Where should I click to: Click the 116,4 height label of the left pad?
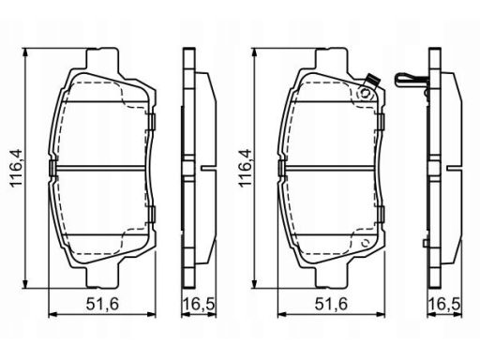(x=17, y=168)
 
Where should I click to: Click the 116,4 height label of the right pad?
(x=245, y=168)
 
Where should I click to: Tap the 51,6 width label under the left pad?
(x=102, y=304)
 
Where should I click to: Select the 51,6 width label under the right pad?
(x=331, y=304)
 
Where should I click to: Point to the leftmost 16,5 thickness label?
(x=199, y=304)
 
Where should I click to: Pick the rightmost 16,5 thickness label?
(x=444, y=304)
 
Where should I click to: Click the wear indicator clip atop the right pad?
(x=371, y=80)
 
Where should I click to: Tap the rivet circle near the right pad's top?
(x=365, y=93)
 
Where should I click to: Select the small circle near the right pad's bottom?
(x=365, y=243)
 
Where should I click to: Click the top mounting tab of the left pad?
(x=103, y=58)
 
